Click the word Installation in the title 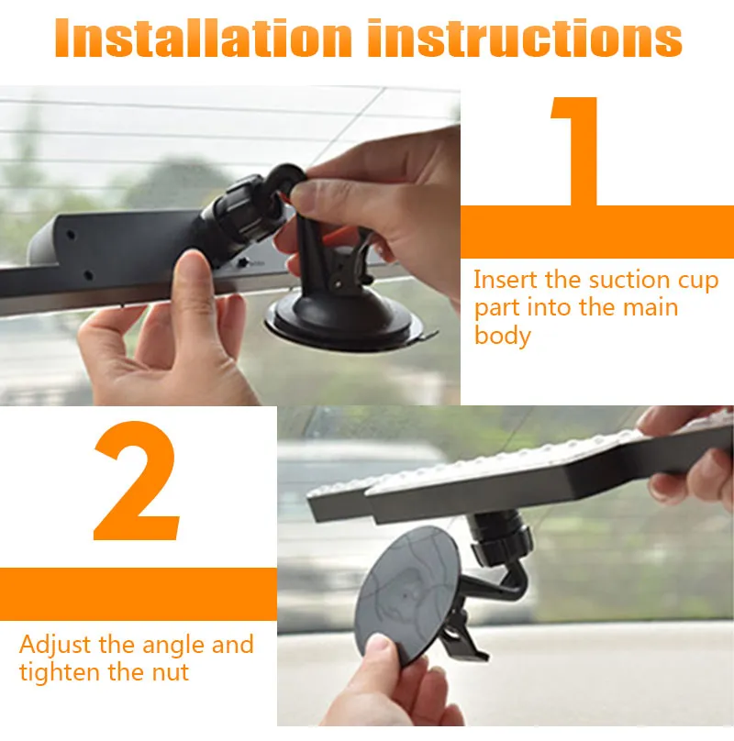(204, 38)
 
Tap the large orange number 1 (574, 151)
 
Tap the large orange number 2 (137, 481)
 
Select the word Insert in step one (506, 280)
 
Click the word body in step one (502, 336)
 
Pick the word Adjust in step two (55, 646)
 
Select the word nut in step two (171, 673)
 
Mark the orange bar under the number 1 (597, 231)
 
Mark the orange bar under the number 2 (139, 594)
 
